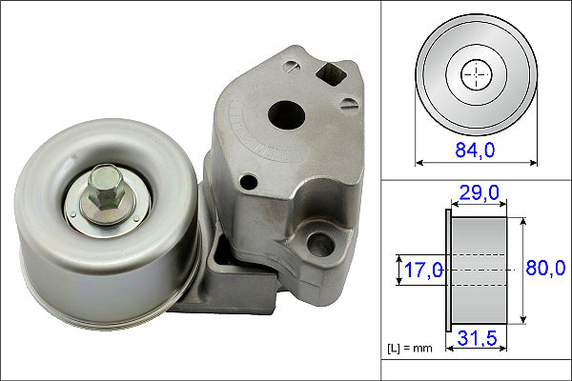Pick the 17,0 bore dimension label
coord(421,271)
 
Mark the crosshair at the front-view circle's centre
coord(474,73)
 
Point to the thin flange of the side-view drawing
coord(447,270)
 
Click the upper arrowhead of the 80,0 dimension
coord(521,220)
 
